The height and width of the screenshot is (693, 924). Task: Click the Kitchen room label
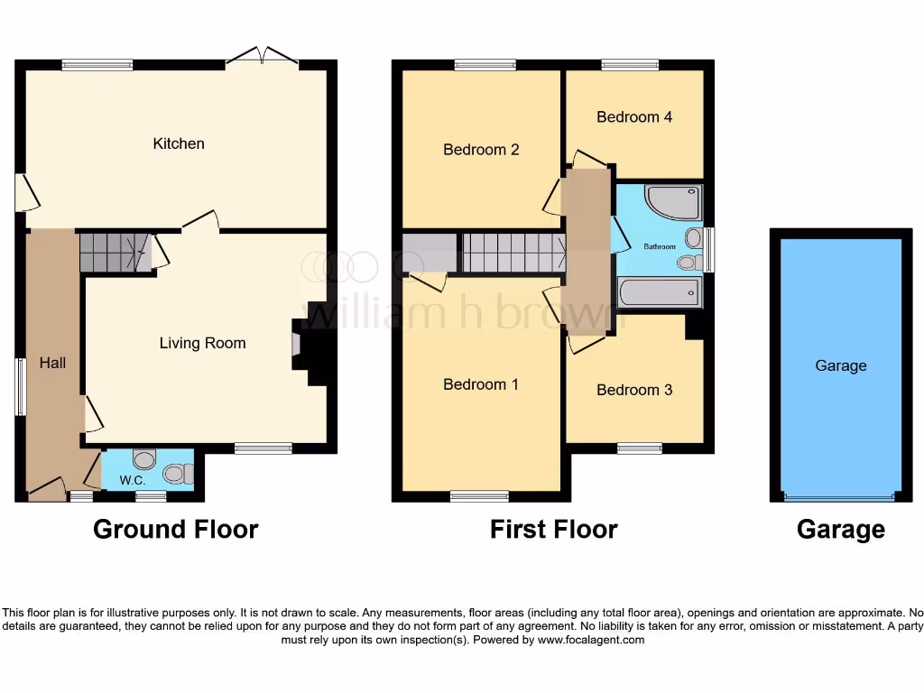pyautogui.click(x=179, y=143)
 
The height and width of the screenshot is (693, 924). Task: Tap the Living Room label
pyautogui.click(x=202, y=343)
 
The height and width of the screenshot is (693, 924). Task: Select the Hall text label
pyautogui.click(x=52, y=363)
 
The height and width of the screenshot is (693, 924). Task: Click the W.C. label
pyautogui.click(x=133, y=481)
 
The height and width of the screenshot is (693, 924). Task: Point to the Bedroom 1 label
pyautogui.click(x=481, y=384)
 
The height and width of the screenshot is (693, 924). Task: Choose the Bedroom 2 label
pyautogui.click(x=481, y=150)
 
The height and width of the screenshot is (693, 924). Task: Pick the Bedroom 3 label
pyautogui.click(x=634, y=390)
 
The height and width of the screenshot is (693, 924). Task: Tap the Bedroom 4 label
pyautogui.click(x=634, y=117)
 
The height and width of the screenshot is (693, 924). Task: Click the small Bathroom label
pyautogui.click(x=659, y=246)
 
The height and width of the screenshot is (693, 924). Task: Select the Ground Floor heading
pyautogui.click(x=176, y=529)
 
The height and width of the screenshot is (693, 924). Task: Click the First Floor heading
pyautogui.click(x=554, y=529)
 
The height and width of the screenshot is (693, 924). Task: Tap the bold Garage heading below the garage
pyautogui.click(x=841, y=529)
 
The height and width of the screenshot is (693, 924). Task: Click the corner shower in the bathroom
pyautogui.click(x=673, y=203)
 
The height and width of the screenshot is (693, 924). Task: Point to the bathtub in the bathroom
pyautogui.click(x=660, y=291)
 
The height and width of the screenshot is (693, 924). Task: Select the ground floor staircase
pyautogui.click(x=112, y=252)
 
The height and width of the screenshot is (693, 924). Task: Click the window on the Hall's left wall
pyautogui.click(x=20, y=387)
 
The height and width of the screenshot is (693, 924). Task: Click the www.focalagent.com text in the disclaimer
pyautogui.click(x=590, y=640)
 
